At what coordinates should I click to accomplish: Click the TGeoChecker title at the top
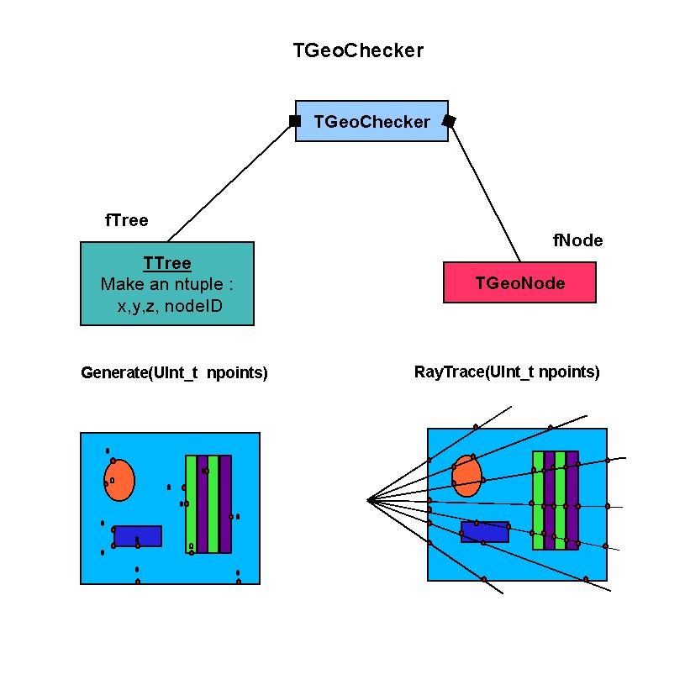(x=358, y=50)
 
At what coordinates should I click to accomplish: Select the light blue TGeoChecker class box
(x=371, y=122)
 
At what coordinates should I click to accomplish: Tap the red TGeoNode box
(x=519, y=283)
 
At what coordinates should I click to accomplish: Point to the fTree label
(x=126, y=221)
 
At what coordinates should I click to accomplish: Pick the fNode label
(x=577, y=241)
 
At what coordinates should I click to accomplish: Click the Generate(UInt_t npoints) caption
(x=174, y=373)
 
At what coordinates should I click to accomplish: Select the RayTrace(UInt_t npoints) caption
(x=507, y=372)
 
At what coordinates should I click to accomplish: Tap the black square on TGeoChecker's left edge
(x=295, y=121)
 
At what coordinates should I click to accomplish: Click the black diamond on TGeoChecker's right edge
(x=449, y=121)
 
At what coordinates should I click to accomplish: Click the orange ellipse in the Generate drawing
(x=119, y=479)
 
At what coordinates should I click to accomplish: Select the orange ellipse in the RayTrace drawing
(x=466, y=476)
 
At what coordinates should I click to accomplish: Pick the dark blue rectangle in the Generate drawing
(x=138, y=535)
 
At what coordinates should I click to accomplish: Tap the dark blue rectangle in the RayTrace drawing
(x=485, y=532)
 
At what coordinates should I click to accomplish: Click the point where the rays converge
(x=368, y=500)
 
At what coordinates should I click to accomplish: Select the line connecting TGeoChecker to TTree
(x=229, y=182)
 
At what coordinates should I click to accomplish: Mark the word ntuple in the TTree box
(x=199, y=284)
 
